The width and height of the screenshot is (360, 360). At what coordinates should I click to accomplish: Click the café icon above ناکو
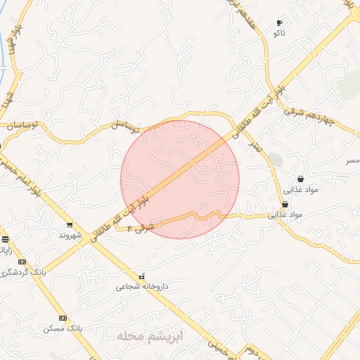[x=280, y=22]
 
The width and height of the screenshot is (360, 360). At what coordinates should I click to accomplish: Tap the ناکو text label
[x=280, y=33]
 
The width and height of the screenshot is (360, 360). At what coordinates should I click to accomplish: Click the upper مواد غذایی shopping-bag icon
[x=301, y=179]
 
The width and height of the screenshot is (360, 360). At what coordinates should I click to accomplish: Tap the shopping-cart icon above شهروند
[x=69, y=225]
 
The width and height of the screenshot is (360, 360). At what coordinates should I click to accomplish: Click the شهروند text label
[x=70, y=235]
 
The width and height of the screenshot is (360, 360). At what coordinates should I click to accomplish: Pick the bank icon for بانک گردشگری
[x=22, y=262]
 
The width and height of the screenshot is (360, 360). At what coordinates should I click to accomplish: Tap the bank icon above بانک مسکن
[x=63, y=318]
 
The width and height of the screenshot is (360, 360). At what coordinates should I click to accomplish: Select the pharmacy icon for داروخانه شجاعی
[x=142, y=276]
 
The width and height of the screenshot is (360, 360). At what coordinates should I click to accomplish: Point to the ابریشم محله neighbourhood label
[x=150, y=337]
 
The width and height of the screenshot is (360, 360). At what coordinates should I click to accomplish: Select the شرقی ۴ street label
[x=141, y=226]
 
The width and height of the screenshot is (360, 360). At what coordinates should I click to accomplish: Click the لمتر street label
[x=252, y=143]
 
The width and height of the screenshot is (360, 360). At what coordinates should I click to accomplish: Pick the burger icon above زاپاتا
[x=6, y=239]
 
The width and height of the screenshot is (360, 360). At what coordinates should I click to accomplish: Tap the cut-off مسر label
[x=352, y=161]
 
